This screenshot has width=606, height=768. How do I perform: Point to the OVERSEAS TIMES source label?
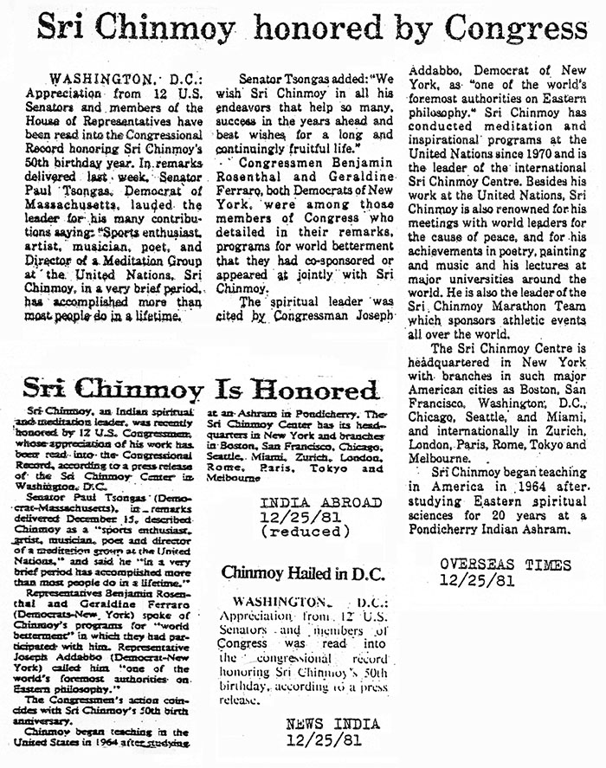[505, 565]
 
